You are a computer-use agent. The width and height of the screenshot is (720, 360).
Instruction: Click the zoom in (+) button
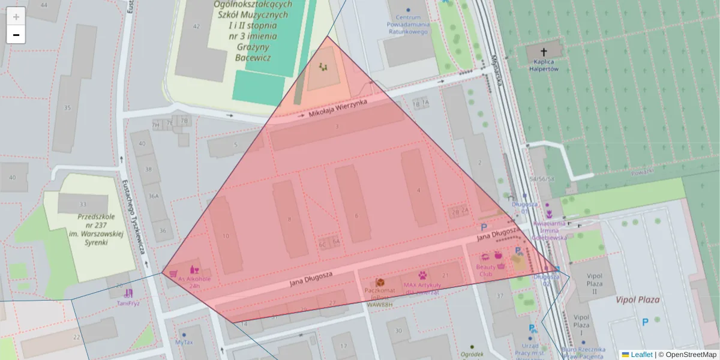(x=16, y=17)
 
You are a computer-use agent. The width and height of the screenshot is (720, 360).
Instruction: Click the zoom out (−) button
(x=16, y=35)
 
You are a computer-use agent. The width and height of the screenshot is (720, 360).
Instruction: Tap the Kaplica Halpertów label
(x=544, y=65)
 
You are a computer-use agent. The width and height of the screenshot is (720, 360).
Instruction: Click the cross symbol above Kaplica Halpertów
(x=544, y=52)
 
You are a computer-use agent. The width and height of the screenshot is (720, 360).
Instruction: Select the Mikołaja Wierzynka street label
(x=337, y=109)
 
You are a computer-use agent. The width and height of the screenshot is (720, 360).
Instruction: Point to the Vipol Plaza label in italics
(x=638, y=299)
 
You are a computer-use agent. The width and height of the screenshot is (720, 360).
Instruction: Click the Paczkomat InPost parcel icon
(x=380, y=282)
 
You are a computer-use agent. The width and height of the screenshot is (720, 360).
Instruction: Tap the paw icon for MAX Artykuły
(x=423, y=275)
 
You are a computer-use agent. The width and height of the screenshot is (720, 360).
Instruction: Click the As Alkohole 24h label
(x=194, y=282)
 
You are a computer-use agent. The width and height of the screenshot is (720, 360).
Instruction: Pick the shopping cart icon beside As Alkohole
(x=173, y=274)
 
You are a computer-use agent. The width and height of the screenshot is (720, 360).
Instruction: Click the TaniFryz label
(x=128, y=303)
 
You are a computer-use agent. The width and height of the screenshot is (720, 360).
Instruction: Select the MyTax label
(x=184, y=343)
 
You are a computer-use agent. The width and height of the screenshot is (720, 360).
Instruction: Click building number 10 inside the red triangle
(x=226, y=236)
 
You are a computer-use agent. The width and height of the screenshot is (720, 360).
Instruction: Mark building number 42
(x=196, y=26)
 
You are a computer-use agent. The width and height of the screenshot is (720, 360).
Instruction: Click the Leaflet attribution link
(x=641, y=355)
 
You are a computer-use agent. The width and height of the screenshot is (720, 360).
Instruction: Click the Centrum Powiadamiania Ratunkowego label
(x=409, y=25)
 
